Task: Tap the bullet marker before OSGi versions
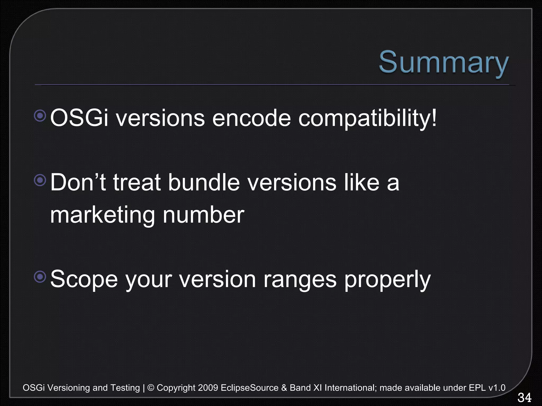[x=40, y=116]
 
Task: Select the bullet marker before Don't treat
[x=40, y=180]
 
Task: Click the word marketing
[x=102, y=215]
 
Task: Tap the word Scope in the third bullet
[x=84, y=280]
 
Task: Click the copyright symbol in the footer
[x=151, y=388]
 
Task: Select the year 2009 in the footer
[x=208, y=388]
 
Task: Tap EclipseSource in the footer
[x=249, y=388]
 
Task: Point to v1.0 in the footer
[x=497, y=388]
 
